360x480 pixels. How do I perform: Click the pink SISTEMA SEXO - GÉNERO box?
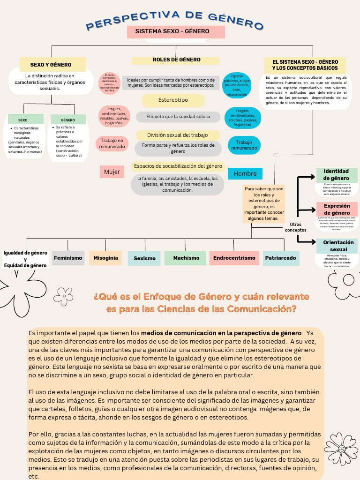176,32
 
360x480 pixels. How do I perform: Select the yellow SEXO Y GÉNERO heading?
52,64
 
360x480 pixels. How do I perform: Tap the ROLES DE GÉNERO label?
176,60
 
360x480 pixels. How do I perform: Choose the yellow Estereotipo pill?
173,100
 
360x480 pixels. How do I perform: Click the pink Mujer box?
112,172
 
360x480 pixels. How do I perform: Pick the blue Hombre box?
245,174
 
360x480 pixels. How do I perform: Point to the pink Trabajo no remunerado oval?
112,143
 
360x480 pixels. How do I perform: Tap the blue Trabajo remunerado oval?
244,145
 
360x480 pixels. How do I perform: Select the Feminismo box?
68,258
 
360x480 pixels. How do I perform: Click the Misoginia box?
105,258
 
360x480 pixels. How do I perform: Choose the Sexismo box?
144,258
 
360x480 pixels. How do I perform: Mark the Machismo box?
186,258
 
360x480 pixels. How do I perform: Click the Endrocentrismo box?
234,258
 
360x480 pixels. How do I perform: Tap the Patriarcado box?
280,258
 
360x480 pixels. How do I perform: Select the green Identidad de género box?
336,175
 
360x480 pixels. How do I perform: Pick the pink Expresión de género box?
337,209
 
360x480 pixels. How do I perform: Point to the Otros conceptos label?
295,227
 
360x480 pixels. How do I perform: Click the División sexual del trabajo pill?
178,135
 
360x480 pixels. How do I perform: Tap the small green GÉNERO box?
68,120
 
